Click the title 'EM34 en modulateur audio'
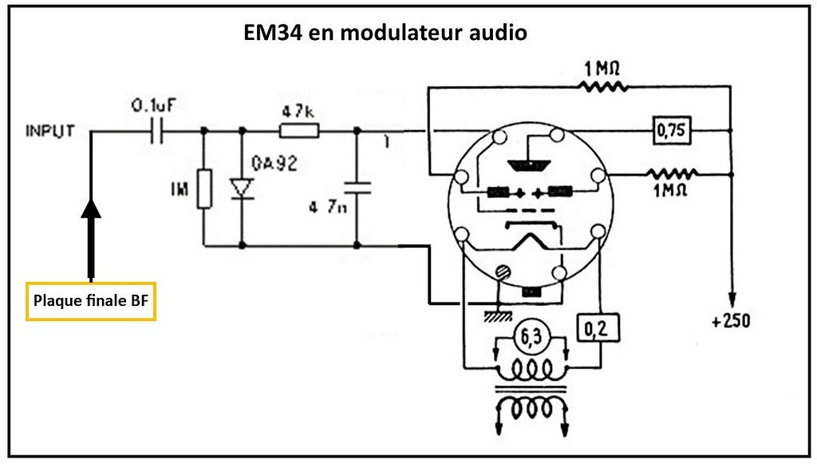[x=385, y=34]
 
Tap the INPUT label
[x=49, y=130]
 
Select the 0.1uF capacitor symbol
[x=158, y=130]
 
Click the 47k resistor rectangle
[x=299, y=130]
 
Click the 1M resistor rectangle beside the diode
[x=204, y=188]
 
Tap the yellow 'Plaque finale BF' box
[x=90, y=301]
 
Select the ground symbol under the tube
[x=497, y=316]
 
